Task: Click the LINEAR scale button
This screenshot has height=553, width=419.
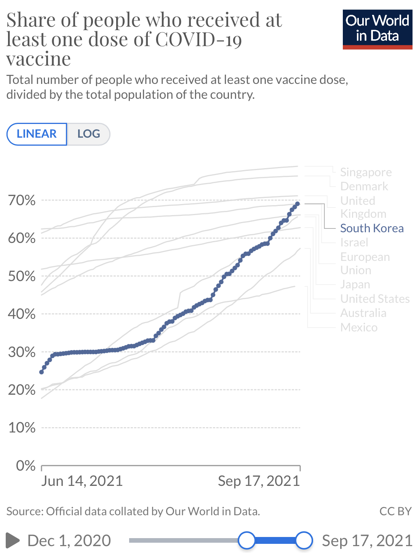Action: coord(37,134)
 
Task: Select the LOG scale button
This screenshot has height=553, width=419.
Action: coord(88,134)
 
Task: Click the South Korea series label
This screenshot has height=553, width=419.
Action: coord(372,228)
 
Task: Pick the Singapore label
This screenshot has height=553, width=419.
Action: coord(366,172)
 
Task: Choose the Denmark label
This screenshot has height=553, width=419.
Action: coord(364,186)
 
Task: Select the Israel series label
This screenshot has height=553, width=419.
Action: coord(354,242)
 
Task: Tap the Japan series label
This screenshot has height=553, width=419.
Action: coord(355,285)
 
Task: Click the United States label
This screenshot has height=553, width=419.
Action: coord(375,299)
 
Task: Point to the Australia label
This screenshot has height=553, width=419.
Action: coord(363,313)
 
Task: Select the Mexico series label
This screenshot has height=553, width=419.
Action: coord(359,327)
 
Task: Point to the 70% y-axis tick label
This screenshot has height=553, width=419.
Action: coord(22,200)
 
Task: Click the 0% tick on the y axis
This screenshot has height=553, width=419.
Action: coord(26,465)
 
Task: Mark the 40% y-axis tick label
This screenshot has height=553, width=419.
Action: coord(22,314)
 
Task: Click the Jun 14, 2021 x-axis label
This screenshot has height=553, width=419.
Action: coord(82,481)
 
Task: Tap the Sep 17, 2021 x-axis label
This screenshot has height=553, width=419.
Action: coord(259,481)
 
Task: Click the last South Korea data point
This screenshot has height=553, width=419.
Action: coord(297,204)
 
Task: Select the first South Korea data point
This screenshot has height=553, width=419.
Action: coord(42,372)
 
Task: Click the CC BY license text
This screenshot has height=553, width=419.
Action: coord(395,511)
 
